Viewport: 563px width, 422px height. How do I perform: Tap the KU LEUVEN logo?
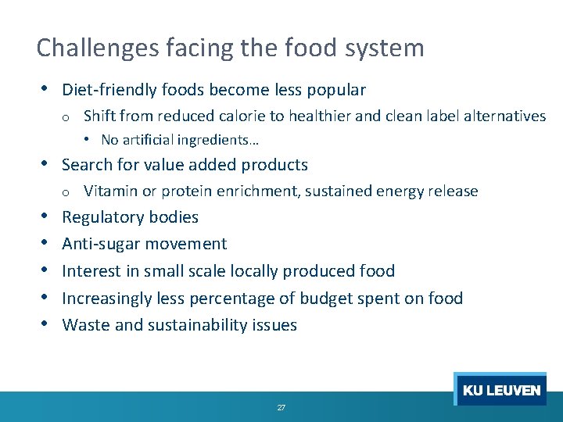(501, 390)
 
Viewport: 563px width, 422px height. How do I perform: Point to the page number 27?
(281, 408)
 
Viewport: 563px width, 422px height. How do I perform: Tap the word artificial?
(146, 141)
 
